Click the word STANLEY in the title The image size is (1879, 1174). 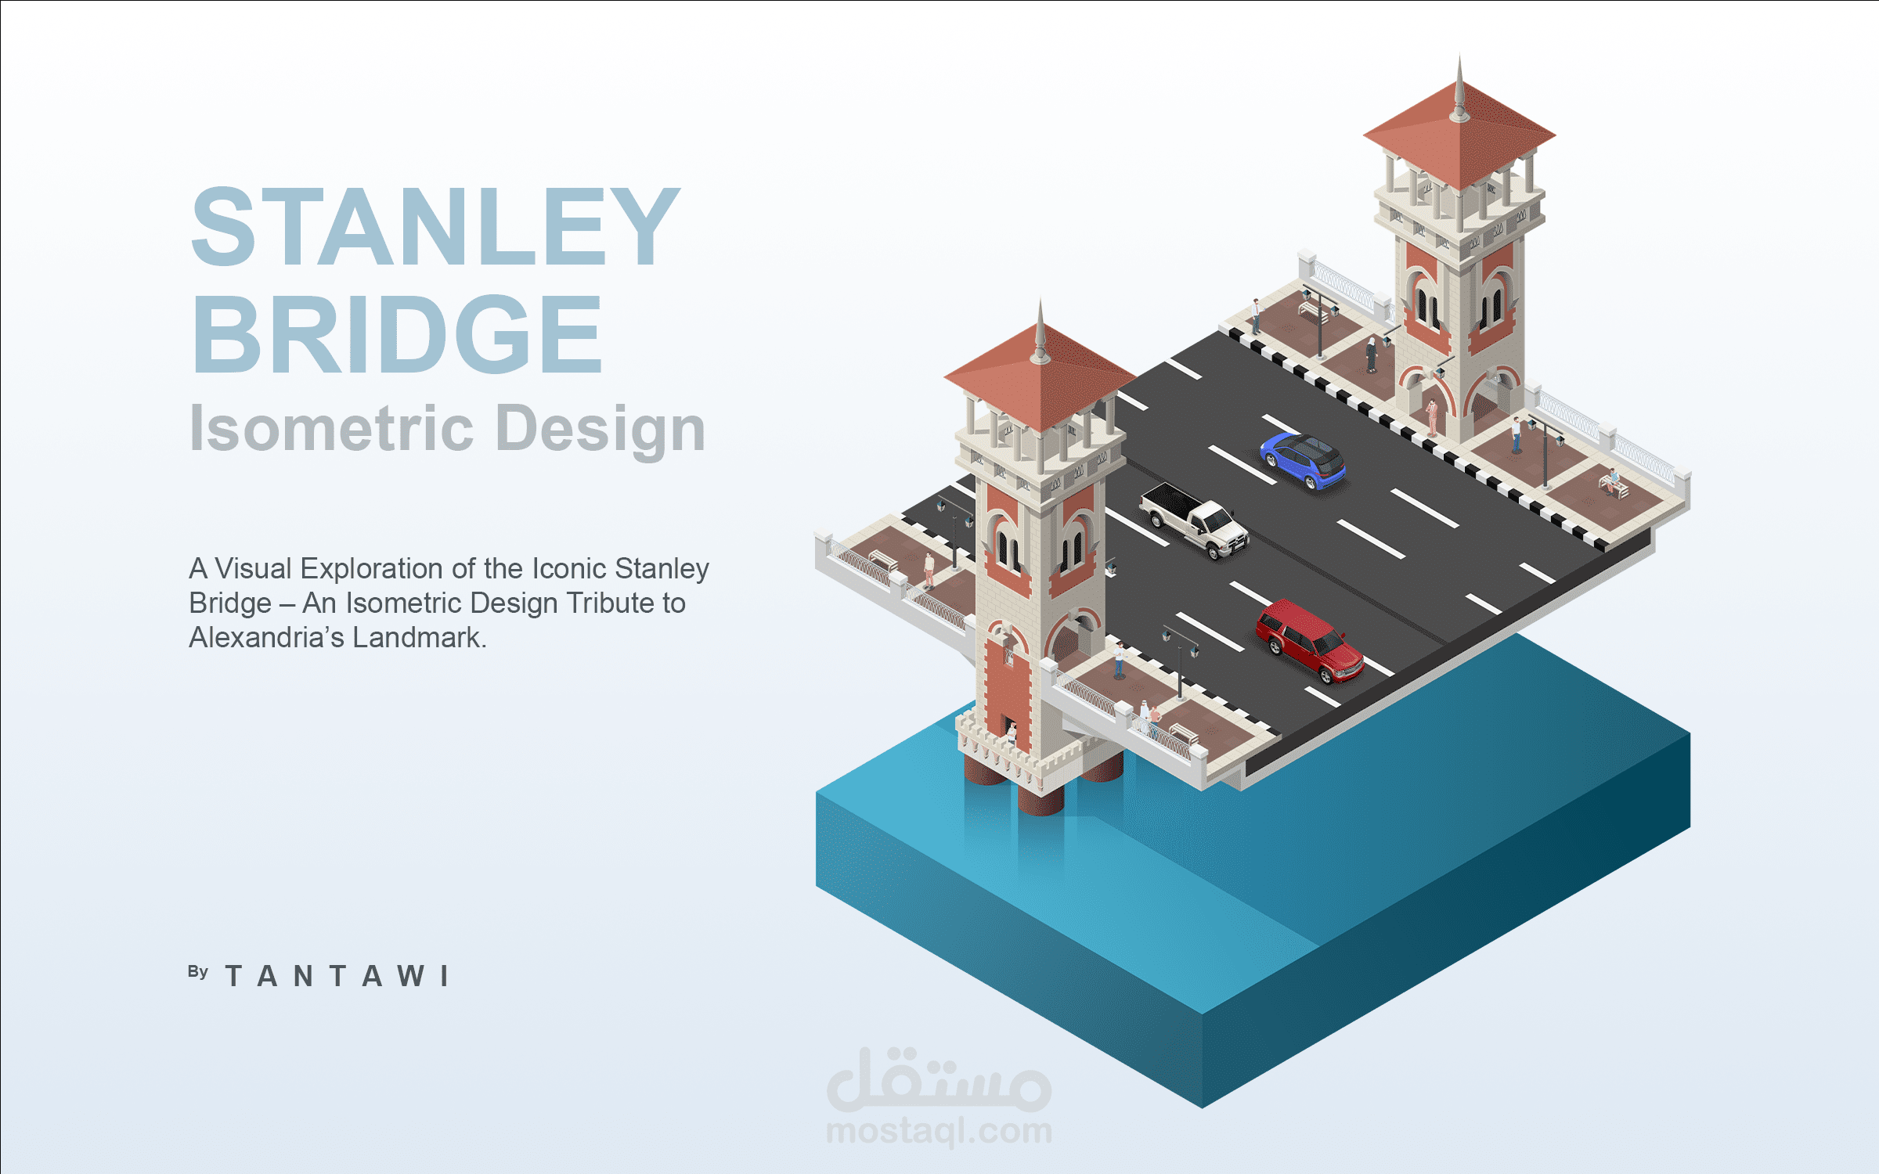435,227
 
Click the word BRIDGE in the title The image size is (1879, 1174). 397,334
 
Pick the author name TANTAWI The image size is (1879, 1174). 337,976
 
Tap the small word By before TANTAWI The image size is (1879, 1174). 198,972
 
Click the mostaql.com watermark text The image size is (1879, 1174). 939,1132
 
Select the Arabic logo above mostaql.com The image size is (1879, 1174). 939,1080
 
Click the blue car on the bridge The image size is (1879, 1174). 1303,461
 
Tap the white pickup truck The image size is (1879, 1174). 1194,520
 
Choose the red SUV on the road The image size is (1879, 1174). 1309,640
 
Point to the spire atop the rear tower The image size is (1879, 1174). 1459,90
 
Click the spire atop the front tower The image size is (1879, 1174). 1040,333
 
